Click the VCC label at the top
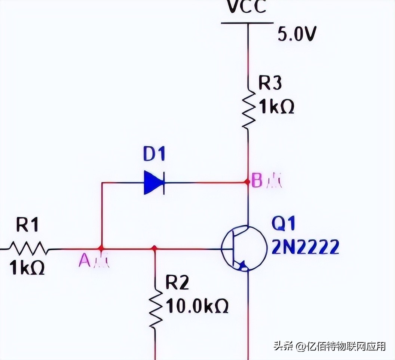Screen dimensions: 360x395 [x=247, y=7]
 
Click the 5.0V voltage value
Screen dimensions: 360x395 [x=297, y=34]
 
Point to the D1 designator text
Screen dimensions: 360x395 [x=154, y=155]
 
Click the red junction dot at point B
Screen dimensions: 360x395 [x=247, y=182]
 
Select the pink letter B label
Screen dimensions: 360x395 [x=257, y=181]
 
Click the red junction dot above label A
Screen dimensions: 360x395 [x=101, y=248]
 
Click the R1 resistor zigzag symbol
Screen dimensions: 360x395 [x=28, y=248]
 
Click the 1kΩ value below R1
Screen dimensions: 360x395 [x=27, y=268]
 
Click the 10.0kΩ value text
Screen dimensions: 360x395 [x=197, y=307]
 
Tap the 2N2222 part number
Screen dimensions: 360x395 [x=306, y=247]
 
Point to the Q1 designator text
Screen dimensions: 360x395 [x=283, y=225]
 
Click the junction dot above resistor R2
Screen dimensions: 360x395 [x=154, y=248]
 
